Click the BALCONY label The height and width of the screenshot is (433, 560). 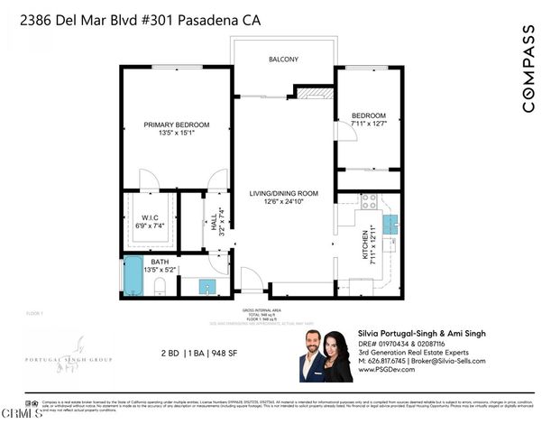tap(283, 60)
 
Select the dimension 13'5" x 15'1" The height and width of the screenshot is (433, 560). tap(177, 134)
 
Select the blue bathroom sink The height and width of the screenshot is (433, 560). tap(207, 288)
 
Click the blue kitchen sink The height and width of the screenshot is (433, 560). tap(390, 222)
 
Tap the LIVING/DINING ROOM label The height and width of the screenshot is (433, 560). tap(285, 192)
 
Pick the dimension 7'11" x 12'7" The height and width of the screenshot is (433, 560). tap(368, 124)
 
